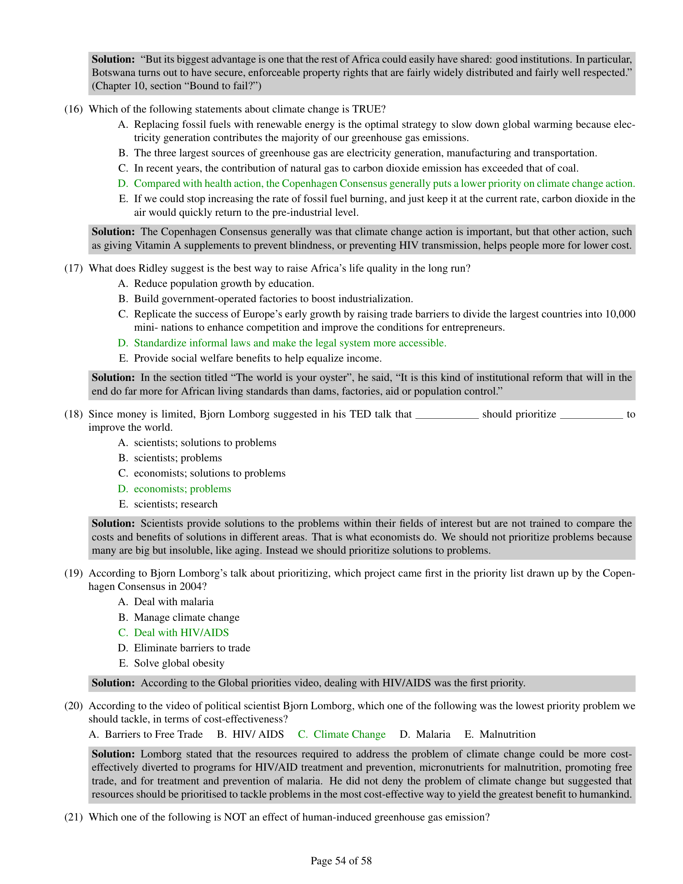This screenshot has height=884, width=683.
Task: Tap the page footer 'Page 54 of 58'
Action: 341,861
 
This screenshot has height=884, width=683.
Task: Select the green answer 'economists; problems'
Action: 182,489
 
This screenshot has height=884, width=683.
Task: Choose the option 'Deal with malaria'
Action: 174,602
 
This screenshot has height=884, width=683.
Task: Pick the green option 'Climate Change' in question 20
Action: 349,734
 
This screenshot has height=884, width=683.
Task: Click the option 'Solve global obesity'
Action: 179,663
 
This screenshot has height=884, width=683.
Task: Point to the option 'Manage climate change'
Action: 186,617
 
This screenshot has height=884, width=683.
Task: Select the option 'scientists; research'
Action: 176,504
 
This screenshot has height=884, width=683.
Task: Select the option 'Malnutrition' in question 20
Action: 507,734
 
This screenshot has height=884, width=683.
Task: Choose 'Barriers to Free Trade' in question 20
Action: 154,734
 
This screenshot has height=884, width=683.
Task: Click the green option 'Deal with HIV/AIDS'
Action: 181,632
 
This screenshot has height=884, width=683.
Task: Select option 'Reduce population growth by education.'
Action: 224,283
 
